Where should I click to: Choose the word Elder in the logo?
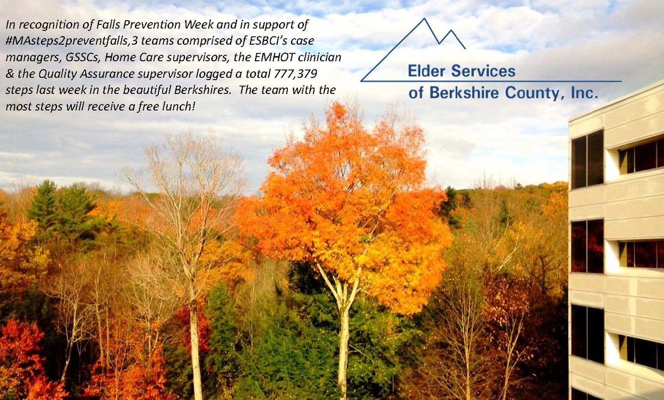click(426, 71)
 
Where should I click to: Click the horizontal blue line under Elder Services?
click(498, 81)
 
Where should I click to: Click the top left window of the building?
click(587, 159)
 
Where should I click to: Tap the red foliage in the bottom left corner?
click(22, 360)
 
